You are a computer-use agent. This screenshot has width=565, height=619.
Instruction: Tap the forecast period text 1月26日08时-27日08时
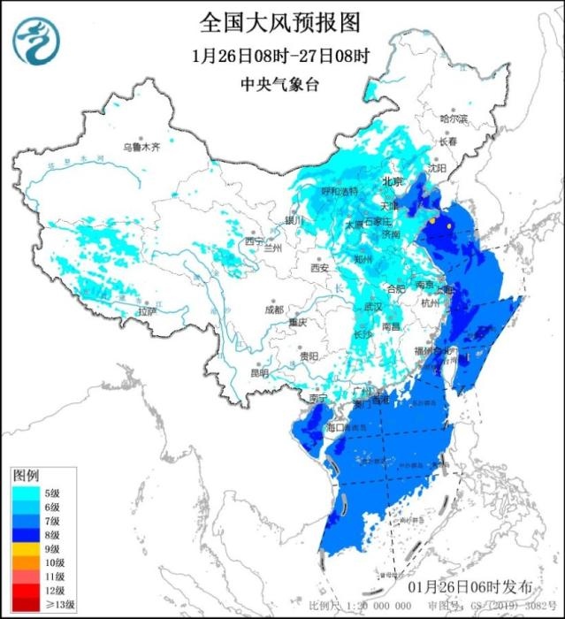click(280, 55)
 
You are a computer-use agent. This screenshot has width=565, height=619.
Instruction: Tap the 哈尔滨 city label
click(453, 118)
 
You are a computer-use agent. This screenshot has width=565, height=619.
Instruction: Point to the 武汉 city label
click(372, 306)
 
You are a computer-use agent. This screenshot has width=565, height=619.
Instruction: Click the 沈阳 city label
click(437, 167)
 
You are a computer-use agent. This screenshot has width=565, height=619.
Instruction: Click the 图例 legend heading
click(25, 476)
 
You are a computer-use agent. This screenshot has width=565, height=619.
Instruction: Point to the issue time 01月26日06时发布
click(470, 587)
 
